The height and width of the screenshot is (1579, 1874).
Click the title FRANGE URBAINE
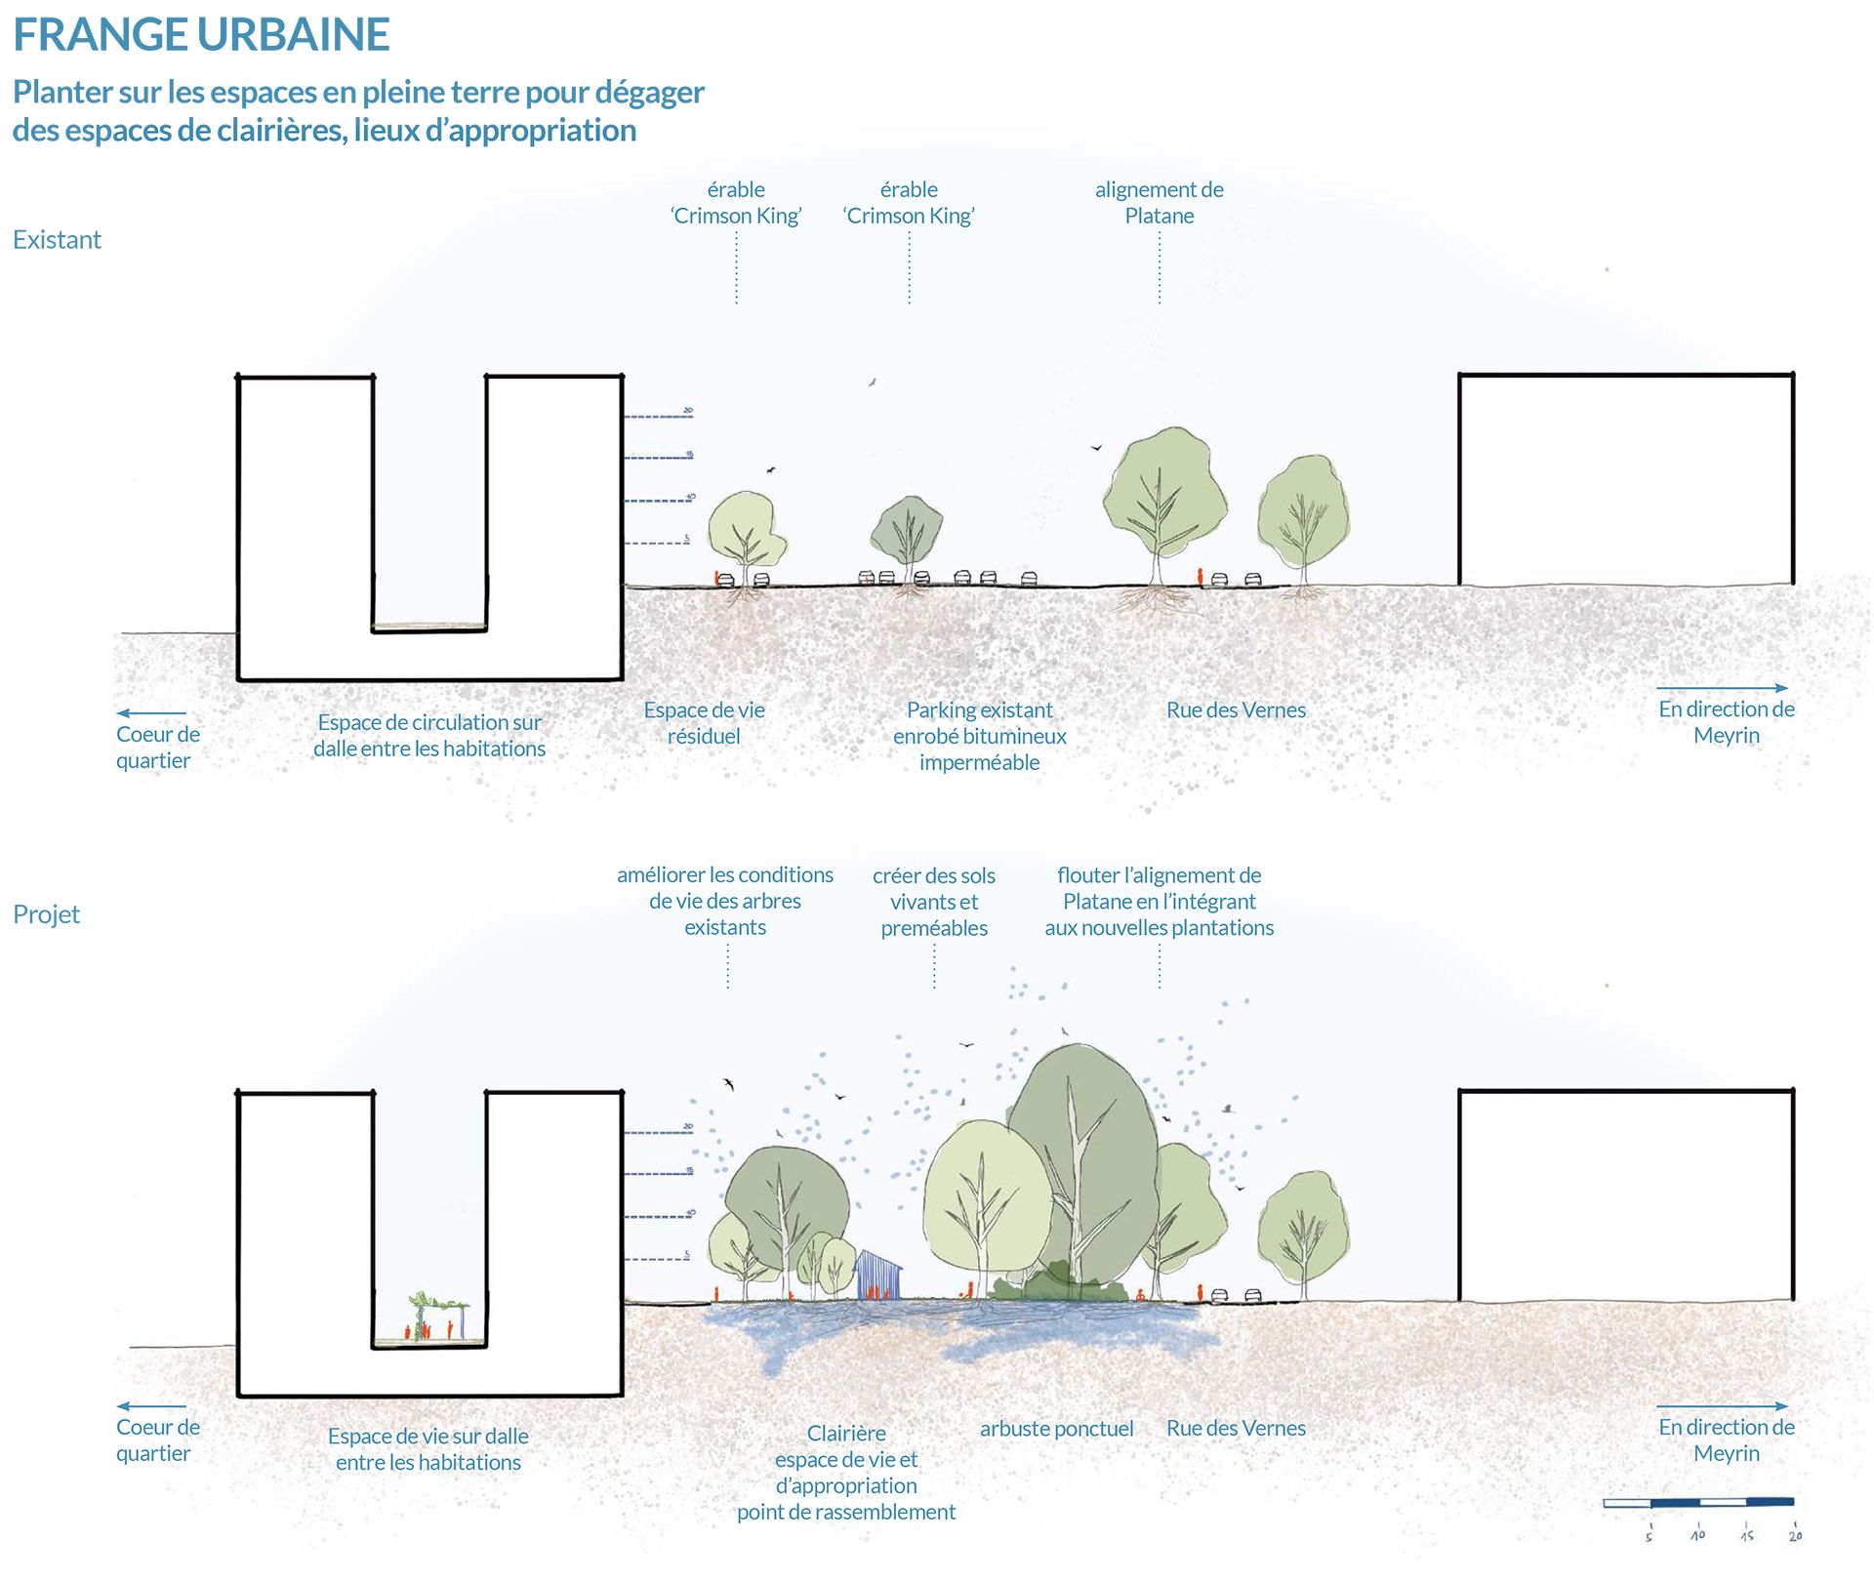(201, 35)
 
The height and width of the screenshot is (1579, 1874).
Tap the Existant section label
(57, 240)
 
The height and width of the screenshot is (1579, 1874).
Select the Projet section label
(46, 914)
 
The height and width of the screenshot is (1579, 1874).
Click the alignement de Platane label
(1159, 203)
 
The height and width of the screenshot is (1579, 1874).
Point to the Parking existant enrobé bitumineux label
(979, 736)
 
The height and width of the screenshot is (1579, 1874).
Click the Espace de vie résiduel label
(704, 723)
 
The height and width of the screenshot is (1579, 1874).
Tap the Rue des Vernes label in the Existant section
(1236, 710)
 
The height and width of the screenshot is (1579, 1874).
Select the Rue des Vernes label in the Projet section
(1236, 1428)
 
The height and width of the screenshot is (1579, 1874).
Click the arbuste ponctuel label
(1056, 1429)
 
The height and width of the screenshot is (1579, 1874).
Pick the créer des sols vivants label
(934, 902)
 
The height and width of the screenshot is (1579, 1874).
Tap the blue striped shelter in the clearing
(878, 1275)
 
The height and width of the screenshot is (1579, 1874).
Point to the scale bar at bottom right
(1698, 1502)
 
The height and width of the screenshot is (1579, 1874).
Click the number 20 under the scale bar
(1795, 1536)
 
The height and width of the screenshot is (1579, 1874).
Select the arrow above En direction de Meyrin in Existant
(1723, 688)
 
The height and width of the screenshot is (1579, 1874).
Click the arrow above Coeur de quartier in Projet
(151, 1406)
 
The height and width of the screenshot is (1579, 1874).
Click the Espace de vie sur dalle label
(428, 1449)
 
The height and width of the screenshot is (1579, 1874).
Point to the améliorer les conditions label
(725, 901)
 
